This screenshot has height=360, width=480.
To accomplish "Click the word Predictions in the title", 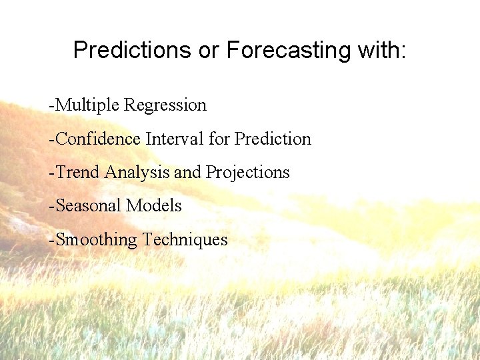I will click(133, 50).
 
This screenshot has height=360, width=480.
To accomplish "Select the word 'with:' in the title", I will click(382, 50).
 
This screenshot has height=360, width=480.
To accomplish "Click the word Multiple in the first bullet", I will click(89, 105).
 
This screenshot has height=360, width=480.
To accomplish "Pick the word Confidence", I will click(99, 139).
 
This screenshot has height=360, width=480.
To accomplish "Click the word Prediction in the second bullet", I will click(273, 139).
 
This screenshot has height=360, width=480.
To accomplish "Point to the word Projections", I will click(247, 173).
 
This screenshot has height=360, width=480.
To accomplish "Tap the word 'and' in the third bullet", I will click(188, 172).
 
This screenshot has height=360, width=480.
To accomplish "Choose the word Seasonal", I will click(89, 205).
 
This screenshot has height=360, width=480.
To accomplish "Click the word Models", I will click(154, 205).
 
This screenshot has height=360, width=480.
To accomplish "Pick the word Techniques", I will click(185, 239).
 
